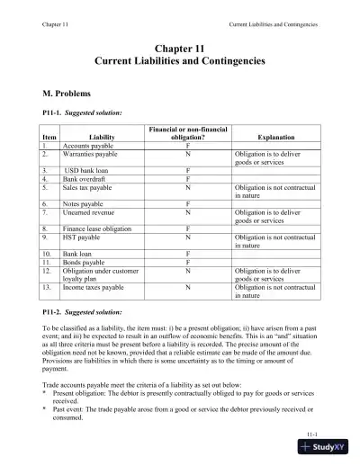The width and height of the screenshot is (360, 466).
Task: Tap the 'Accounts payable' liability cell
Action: tap(86, 144)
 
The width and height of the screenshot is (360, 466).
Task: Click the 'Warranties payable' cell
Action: tap(91, 154)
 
